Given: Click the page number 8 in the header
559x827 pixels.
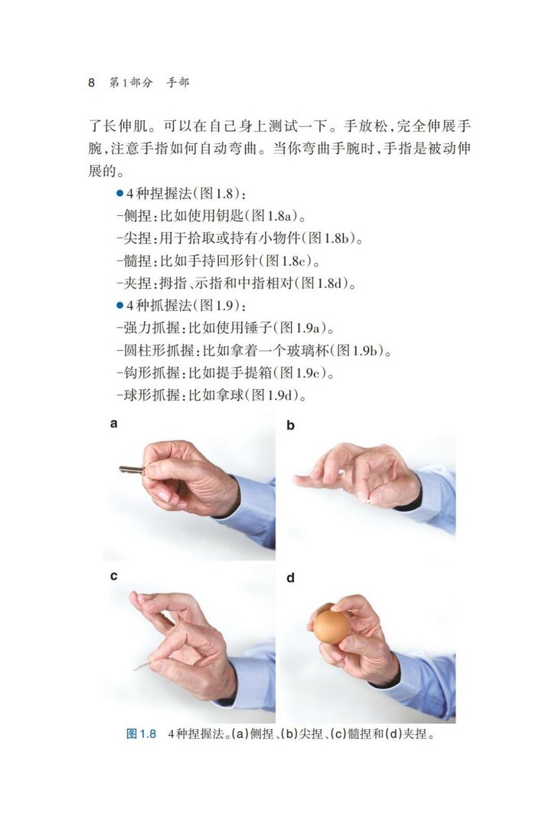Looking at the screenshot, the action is tap(92, 83).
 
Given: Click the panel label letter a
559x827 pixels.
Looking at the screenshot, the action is tap(113, 423).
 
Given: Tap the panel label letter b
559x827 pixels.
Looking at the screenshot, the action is tap(290, 425).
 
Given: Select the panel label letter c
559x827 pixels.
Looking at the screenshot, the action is tap(113, 576).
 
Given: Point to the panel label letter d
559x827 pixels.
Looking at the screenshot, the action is tap(290, 578).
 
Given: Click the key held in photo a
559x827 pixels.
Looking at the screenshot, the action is tap(132, 469).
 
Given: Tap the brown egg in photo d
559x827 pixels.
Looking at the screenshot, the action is tap(332, 627).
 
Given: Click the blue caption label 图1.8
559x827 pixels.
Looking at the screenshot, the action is tap(142, 734).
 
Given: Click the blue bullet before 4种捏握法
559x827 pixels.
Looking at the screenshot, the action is tap(119, 194).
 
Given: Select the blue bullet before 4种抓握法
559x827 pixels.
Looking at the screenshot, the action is tap(119, 306).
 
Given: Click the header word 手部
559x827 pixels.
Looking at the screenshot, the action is tap(178, 83).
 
